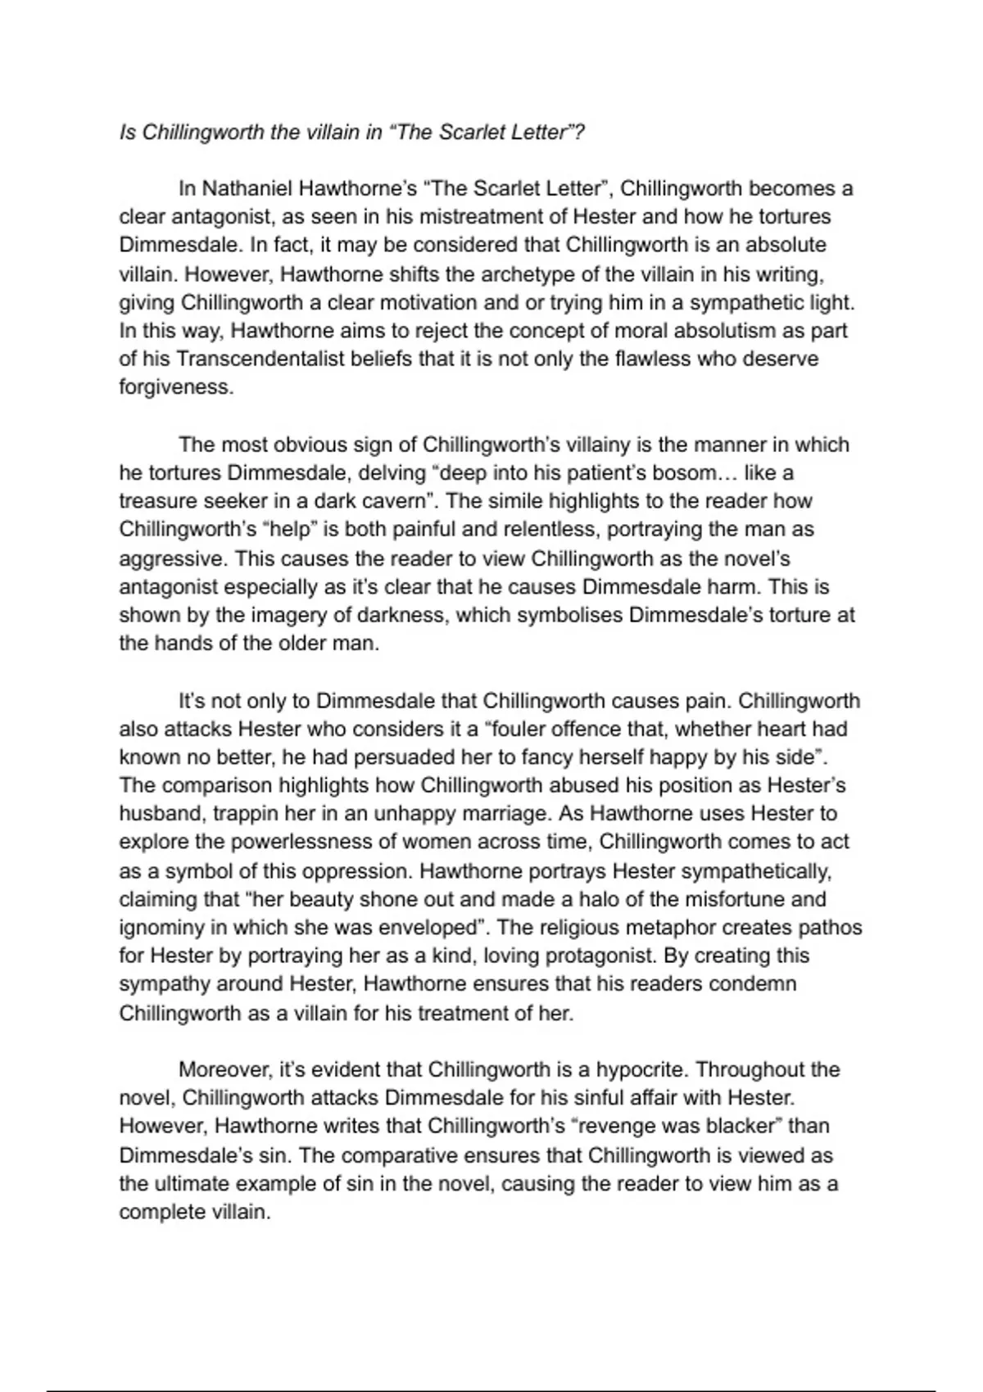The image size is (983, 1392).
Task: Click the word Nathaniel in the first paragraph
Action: (247, 189)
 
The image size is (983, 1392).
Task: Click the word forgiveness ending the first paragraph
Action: (175, 387)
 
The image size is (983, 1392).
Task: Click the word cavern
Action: (395, 501)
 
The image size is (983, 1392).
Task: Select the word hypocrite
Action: (640, 1070)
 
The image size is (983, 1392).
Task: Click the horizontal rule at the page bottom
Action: (491, 1367)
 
